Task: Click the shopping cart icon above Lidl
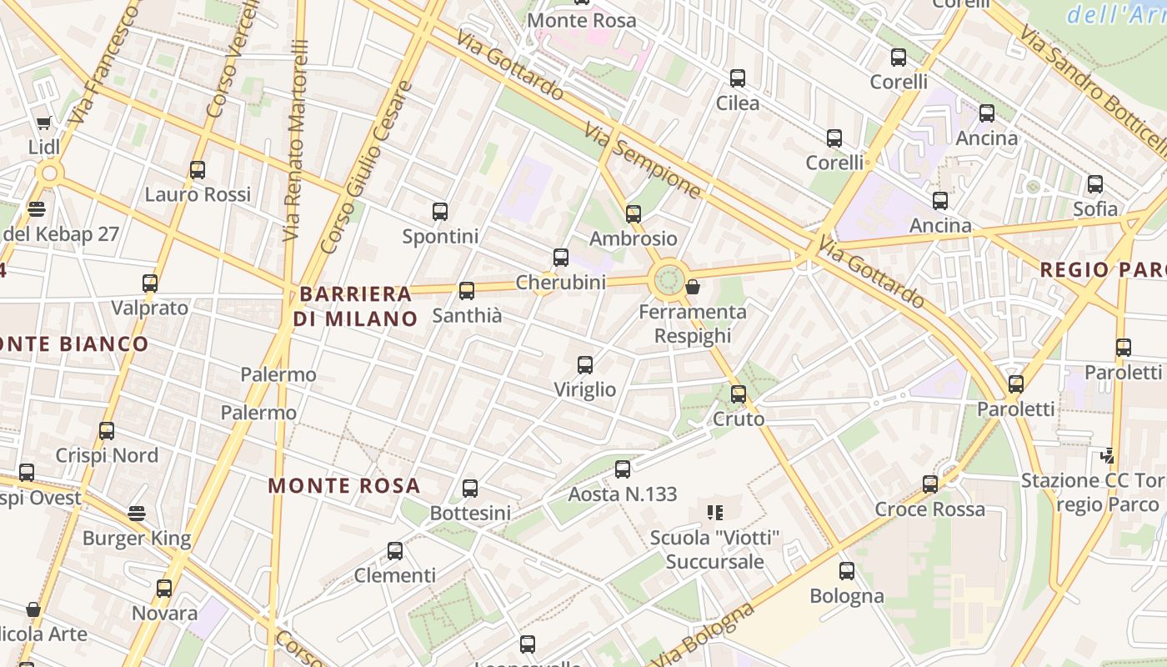[x=43, y=123]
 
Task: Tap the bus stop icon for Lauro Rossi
[x=198, y=170]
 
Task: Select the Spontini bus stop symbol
[x=440, y=212]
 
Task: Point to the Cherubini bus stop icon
[x=561, y=258]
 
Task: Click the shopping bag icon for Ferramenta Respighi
[x=692, y=288]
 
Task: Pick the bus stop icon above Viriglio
[x=585, y=365]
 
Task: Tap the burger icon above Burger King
[x=137, y=514]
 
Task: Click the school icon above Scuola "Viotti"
[x=714, y=512]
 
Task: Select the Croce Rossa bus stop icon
[x=930, y=484]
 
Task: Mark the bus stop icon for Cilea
[x=738, y=78]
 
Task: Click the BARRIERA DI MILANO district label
[x=356, y=306]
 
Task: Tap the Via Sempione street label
[x=643, y=161]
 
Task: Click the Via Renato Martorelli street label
[x=296, y=133]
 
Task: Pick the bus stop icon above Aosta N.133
[x=623, y=469]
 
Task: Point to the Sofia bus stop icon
[x=1095, y=184]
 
